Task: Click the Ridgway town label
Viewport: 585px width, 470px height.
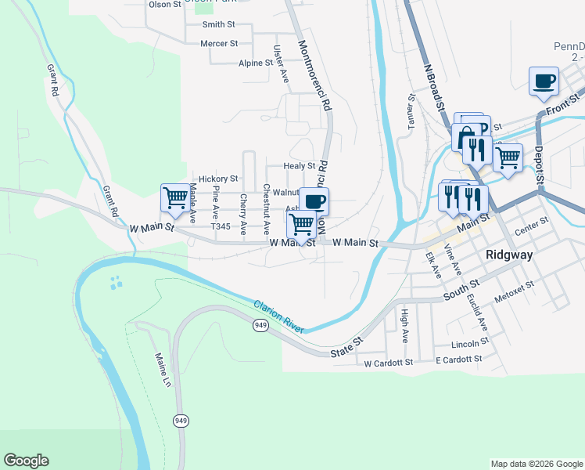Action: (509, 255)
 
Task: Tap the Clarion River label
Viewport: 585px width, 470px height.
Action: (280, 316)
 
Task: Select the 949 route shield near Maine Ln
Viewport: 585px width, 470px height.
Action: (181, 421)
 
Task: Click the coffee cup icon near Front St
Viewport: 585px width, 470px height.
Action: (544, 80)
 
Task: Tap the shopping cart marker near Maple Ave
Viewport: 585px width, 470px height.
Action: (174, 197)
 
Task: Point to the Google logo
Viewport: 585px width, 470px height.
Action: (27, 461)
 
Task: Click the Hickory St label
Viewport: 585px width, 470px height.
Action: (217, 179)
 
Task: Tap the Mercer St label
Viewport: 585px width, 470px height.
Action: (219, 44)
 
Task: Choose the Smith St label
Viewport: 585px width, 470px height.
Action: (218, 24)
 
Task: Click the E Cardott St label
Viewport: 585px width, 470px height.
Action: (459, 360)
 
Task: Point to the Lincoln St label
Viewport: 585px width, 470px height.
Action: (470, 344)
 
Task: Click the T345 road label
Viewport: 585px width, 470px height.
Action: (221, 226)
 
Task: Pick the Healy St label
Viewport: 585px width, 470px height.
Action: (300, 165)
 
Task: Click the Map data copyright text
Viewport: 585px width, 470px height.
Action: (536, 464)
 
